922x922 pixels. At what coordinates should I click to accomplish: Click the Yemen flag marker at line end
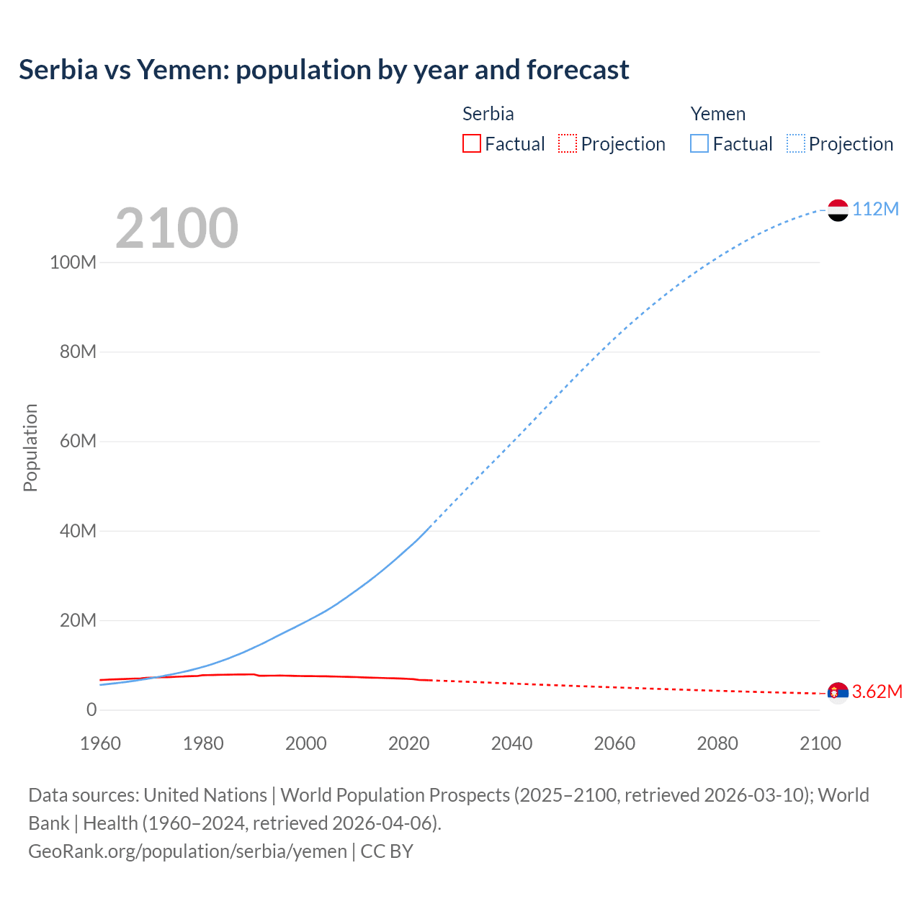[838, 210]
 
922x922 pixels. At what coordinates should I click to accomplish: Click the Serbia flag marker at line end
[838, 693]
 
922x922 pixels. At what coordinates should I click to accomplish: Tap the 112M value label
[876, 209]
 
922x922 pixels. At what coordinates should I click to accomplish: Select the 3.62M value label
[877, 692]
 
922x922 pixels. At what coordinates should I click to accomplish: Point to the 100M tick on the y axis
[73, 262]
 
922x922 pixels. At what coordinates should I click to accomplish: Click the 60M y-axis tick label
[78, 441]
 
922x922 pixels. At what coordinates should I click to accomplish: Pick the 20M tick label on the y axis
[78, 620]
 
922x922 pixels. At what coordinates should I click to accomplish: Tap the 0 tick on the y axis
[91, 710]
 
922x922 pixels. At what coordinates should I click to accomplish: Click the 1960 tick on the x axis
[101, 743]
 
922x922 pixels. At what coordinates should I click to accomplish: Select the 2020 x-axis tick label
[409, 743]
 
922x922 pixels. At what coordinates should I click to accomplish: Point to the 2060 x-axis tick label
[614, 743]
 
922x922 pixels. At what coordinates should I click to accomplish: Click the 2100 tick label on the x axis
[820, 743]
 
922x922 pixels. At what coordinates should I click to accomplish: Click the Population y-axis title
[30, 447]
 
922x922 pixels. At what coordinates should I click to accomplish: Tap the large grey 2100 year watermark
[176, 228]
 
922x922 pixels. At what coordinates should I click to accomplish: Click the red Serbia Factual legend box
[471, 143]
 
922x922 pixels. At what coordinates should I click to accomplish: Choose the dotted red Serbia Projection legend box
[568, 143]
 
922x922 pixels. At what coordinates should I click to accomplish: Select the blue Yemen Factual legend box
[699, 143]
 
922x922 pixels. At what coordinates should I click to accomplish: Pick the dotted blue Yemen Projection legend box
[796, 143]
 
